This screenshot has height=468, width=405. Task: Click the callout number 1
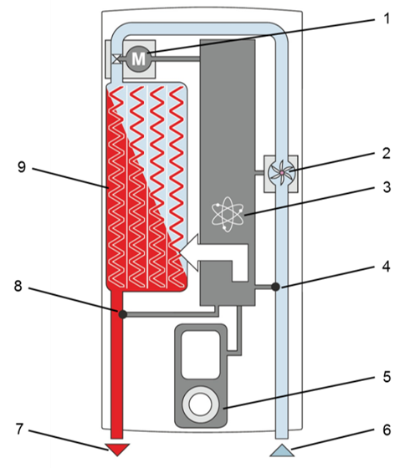(x=387, y=18)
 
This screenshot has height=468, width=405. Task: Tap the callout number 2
(x=386, y=153)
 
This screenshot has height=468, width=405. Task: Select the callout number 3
(x=387, y=187)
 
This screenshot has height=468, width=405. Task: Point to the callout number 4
(x=386, y=267)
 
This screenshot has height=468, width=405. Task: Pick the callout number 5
(x=387, y=377)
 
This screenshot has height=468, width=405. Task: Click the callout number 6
(x=387, y=430)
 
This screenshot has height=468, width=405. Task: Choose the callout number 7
(x=19, y=430)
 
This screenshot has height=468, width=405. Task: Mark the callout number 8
(x=18, y=286)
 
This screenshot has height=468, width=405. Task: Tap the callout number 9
(x=22, y=167)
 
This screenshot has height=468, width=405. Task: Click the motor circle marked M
(x=138, y=58)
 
